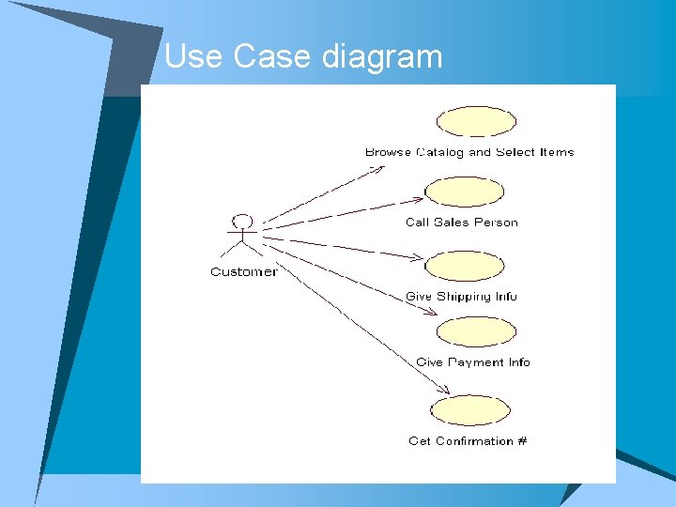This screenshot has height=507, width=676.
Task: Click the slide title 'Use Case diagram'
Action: pos(302,57)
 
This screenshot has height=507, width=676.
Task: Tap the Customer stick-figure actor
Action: pos(243,238)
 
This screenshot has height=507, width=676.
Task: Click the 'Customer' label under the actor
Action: pos(243,272)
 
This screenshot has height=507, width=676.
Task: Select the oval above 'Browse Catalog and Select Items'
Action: pos(477,122)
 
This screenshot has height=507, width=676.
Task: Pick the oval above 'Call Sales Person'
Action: pos(464,192)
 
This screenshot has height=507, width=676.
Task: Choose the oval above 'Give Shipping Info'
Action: pos(464,267)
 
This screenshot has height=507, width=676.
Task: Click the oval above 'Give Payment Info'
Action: pos(476,331)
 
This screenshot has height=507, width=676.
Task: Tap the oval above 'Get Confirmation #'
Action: pos(469,410)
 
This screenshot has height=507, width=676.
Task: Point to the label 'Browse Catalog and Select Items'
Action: pos(469,152)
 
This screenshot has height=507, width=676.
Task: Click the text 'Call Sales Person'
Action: pos(461,223)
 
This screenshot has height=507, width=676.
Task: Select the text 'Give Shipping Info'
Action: pos(461,297)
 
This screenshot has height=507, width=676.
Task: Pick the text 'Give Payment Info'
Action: pos(473,362)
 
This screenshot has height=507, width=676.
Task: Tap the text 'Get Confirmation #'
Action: pos(468,441)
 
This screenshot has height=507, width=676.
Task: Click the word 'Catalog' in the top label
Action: pos(440,152)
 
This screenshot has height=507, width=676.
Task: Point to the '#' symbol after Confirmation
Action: pos(522,441)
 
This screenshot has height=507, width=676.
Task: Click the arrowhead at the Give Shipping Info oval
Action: pos(418,256)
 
